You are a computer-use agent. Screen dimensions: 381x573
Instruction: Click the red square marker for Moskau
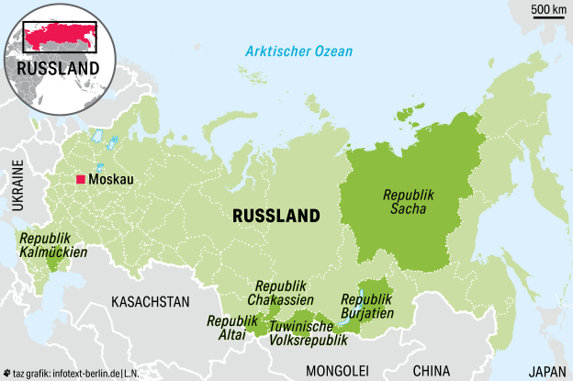pos(81,179)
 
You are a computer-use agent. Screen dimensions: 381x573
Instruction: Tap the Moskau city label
pos(111,180)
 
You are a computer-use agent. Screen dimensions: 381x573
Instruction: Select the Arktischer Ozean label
pos(299,51)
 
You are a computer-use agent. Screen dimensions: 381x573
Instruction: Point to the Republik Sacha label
pos(408,202)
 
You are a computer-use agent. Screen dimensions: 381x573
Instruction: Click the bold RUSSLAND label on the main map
pos(276,216)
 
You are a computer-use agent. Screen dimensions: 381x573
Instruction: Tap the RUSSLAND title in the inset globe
pos(57,69)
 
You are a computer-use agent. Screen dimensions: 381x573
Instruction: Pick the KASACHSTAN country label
pos(150,301)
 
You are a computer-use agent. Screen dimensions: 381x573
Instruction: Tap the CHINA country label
pos(432,371)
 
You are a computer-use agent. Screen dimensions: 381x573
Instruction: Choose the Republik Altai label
pos(231,328)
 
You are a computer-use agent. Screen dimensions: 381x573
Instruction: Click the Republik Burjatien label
pos(367,306)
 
